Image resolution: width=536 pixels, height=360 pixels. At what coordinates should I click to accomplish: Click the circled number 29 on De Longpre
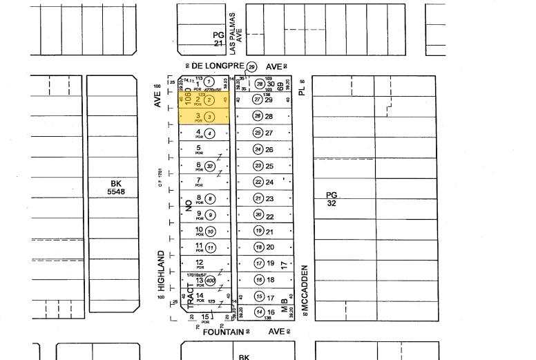pos(251,67)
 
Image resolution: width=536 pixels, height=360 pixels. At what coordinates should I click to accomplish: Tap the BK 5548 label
pos(115,187)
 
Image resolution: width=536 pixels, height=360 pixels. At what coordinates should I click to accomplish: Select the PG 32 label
pos(332,199)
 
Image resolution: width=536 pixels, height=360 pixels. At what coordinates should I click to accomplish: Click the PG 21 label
pos(218,39)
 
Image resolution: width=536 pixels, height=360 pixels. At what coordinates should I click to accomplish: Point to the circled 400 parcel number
pos(210,281)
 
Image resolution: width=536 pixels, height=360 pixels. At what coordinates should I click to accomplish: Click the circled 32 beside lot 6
pos(210,166)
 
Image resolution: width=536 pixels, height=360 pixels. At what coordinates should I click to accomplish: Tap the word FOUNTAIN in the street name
pos(222,332)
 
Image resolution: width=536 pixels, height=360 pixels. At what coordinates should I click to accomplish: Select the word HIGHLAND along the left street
pos(161,271)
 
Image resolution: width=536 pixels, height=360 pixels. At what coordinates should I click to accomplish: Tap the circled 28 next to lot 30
pos(260,84)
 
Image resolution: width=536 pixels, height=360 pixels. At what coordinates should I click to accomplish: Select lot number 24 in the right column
pos(269,182)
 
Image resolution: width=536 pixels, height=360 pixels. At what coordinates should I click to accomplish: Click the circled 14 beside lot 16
pos(260,312)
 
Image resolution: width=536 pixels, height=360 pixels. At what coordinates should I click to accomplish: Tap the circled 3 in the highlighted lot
pos(209,117)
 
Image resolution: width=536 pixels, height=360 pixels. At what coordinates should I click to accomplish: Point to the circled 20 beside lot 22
pos(258,215)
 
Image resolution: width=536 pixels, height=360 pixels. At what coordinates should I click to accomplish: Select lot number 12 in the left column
pos(199,263)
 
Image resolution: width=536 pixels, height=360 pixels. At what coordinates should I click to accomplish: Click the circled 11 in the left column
pos(210,248)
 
